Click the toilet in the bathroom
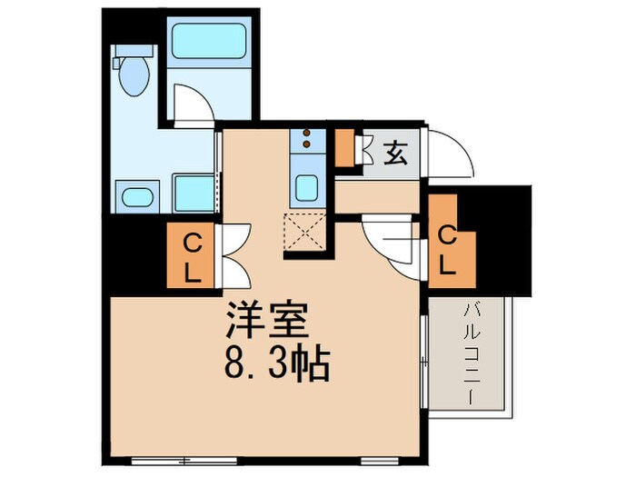tap(134, 75)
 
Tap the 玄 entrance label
tap(394, 154)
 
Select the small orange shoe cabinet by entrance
tap(345, 148)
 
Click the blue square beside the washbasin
tap(194, 193)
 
